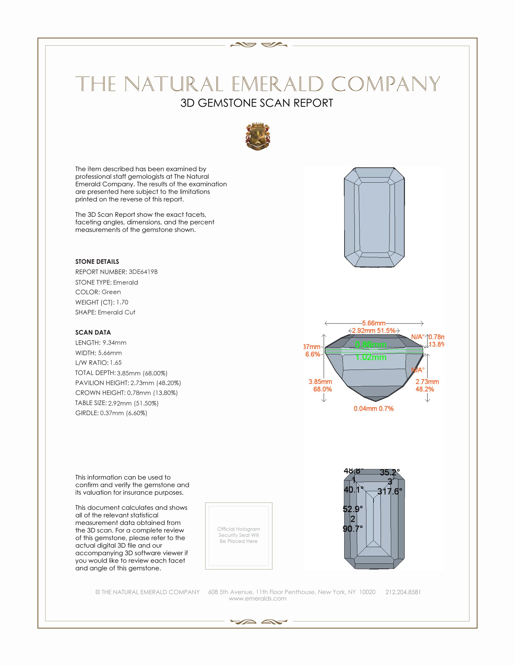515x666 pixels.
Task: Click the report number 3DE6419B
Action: point(143,272)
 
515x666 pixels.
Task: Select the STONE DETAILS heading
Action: point(97,261)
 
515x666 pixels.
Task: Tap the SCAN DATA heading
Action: point(93,332)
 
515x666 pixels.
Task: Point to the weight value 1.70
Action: point(122,302)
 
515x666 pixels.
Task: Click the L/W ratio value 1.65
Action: point(116,363)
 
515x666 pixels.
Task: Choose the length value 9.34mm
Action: point(115,342)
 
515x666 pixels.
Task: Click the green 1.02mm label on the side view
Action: point(371,357)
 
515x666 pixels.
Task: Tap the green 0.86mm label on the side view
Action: point(371,345)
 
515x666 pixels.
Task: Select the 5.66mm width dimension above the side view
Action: point(374,323)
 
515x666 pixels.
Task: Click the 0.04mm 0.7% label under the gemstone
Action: point(374,409)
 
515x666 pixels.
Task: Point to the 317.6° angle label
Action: point(390,491)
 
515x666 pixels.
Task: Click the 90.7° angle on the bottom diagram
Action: point(353,529)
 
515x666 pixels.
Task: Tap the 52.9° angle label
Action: point(353,509)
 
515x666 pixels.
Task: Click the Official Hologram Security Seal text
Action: point(239,535)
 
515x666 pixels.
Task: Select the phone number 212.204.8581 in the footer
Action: point(403,592)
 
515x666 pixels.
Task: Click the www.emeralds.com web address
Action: point(257,598)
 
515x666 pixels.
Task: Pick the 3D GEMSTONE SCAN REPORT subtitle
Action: point(257,103)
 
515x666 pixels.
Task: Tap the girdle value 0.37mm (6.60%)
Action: point(124,413)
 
